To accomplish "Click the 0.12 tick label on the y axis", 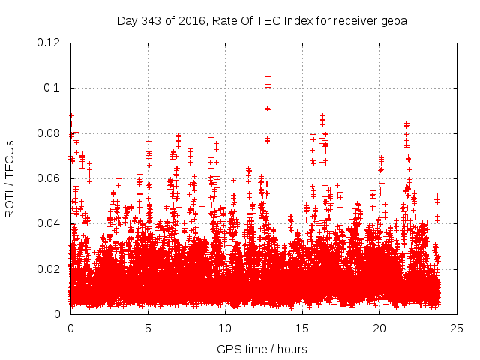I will pos(50,43).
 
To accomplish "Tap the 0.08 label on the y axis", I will pos(50,133).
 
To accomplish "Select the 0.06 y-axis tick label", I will pos(50,178).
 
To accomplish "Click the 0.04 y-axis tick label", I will pos(50,223).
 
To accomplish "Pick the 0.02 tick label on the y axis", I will pos(50,268).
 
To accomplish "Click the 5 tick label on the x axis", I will pos(148,328).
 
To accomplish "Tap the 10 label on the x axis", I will pos(225,328).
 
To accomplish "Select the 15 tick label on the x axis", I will pos(302,328).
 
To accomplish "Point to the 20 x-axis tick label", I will pos(379,328).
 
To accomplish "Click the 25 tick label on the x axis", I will pos(457,328).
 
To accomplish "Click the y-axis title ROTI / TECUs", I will pos(10,178).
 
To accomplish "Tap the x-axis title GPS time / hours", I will pos(262,349).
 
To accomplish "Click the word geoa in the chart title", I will pos(394,20).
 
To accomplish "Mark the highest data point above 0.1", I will pos(268,76).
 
